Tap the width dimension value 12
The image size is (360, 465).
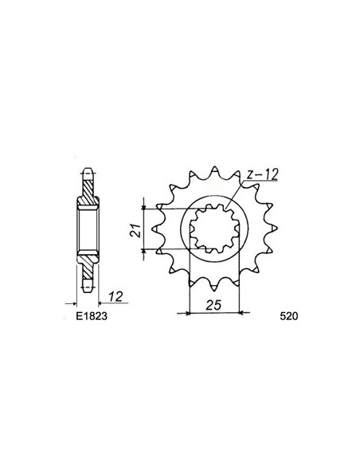pos(115,296)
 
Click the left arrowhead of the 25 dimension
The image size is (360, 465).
pos(190,313)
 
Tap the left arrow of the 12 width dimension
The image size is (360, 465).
pos(76,303)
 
